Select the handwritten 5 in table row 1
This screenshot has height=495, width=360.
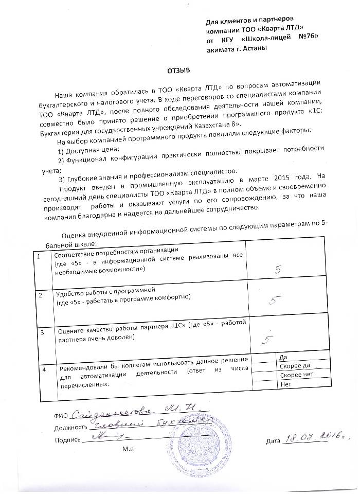(x=279, y=269)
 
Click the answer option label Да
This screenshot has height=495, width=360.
(x=282, y=357)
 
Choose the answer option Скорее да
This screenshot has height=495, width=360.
(x=292, y=366)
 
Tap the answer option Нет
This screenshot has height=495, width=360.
(x=283, y=384)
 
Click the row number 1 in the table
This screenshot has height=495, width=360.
(x=40, y=256)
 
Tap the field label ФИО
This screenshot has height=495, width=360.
(x=61, y=414)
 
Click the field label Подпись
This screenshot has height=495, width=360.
(x=67, y=440)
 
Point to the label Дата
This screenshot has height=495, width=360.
(x=274, y=441)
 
